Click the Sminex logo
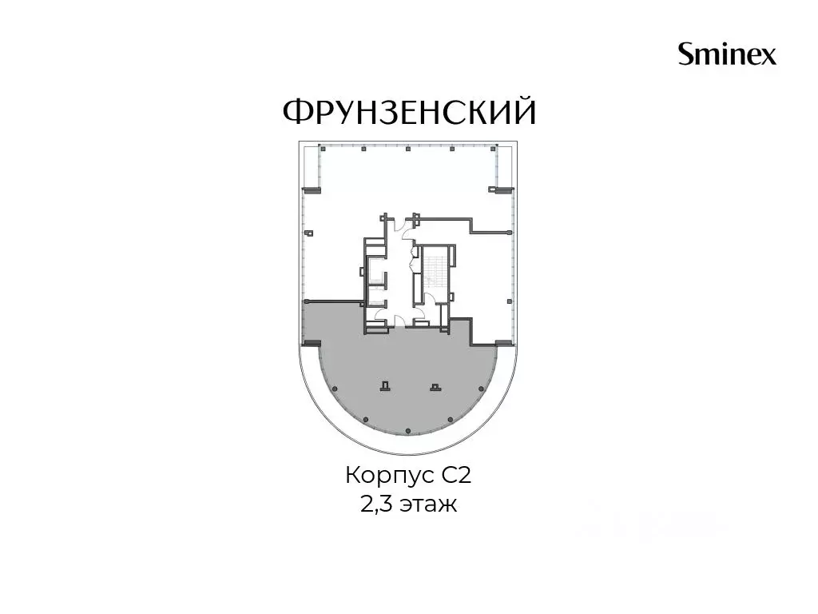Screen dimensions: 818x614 [x=727, y=54]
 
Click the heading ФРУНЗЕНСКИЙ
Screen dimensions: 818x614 [x=410, y=111]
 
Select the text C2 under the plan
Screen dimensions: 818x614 [x=457, y=476]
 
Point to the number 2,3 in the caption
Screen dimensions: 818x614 [x=377, y=505]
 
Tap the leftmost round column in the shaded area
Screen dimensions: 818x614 [x=335, y=389]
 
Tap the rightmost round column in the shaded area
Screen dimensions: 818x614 [x=480, y=389]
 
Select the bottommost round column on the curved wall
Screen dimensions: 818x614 [x=407, y=431]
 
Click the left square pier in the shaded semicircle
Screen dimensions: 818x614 [x=385, y=386]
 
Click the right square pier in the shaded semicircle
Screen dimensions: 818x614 [x=434, y=386]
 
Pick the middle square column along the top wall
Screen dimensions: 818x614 [x=408, y=149]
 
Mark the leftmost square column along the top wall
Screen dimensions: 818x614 [x=320, y=149]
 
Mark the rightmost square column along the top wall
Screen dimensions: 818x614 [x=494, y=149]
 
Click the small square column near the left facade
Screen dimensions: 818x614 [x=310, y=233]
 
